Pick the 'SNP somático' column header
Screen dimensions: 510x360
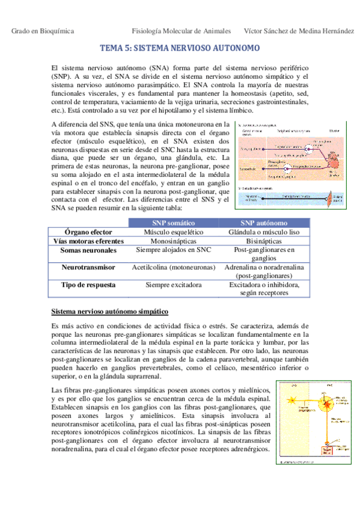(173, 223)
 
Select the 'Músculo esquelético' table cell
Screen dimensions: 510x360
(173, 232)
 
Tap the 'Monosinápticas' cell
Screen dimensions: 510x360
(173, 241)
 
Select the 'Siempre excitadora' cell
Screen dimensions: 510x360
(173, 284)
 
